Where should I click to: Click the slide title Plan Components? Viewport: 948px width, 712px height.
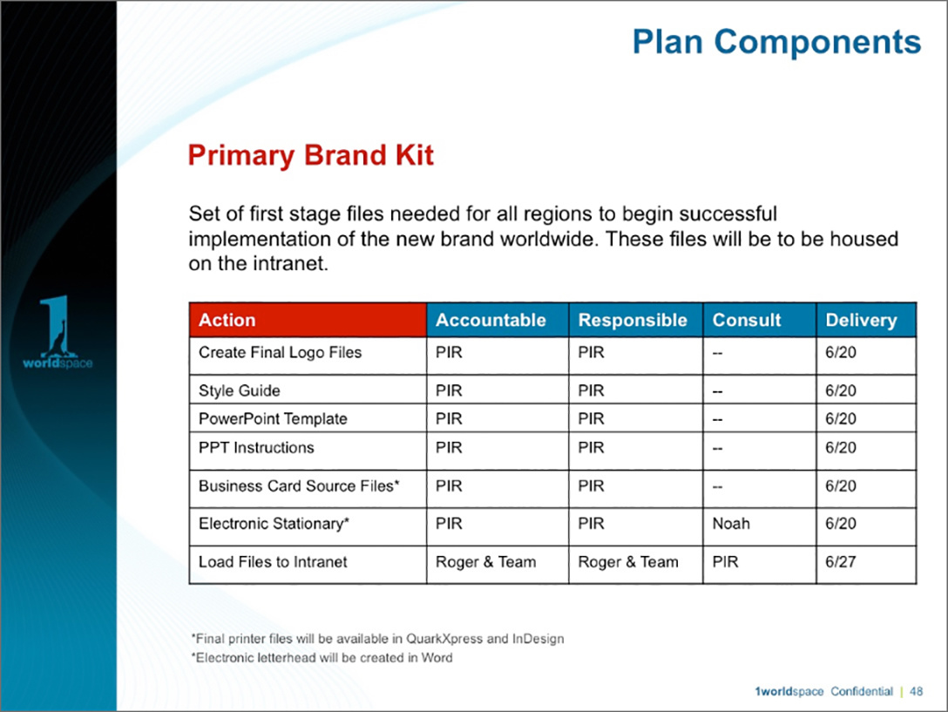pyautogui.click(x=776, y=43)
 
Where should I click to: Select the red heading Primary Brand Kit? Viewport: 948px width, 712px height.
pyautogui.click(x=311, y=155)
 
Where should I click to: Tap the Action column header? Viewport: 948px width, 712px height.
pyautogui.click(x=227, y=320)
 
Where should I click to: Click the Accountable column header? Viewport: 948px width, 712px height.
pyautogui.click(x=491, y=320)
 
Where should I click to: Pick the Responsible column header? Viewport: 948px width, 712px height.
pyautogui.click(x=633, y=321)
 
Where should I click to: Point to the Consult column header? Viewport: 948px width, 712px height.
pyautogui.click(x=747, y=320)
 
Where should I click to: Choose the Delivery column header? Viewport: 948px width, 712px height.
pyautogui.click(x=862, y=321)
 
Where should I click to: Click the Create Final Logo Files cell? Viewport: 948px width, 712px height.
pyautogui.click(x=280, y=353)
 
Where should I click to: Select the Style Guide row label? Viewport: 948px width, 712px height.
pyautogui.click(x=240, y=390)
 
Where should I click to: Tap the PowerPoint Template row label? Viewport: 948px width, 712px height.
pyautogui.click(x=274, y=419)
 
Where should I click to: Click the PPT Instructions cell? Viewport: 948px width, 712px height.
pyautogui.click(x=256, y=448)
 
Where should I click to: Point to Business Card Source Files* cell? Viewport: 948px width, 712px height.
pyautogui.click(x=299, y=486)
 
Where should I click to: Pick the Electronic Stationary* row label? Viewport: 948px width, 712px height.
pyautogui.click(x=274, y=524)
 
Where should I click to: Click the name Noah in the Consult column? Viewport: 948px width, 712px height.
pyautogui.click(x=731, y=524)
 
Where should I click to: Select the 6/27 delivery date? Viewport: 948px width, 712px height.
pyautogui.click(x=840, y=562)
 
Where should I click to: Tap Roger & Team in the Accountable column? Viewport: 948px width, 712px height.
pyautogui.click(x=485, y=562)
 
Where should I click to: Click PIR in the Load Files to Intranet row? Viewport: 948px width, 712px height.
pyautogui.click(x=726, y=562)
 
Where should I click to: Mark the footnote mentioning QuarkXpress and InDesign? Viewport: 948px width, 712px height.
pyautogui.click(x=377, y=639)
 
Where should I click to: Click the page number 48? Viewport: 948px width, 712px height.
pyautogui.click(x=916, y=691)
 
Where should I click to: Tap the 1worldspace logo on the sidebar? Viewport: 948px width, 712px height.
pyautogui.click(x=58, y=332)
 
